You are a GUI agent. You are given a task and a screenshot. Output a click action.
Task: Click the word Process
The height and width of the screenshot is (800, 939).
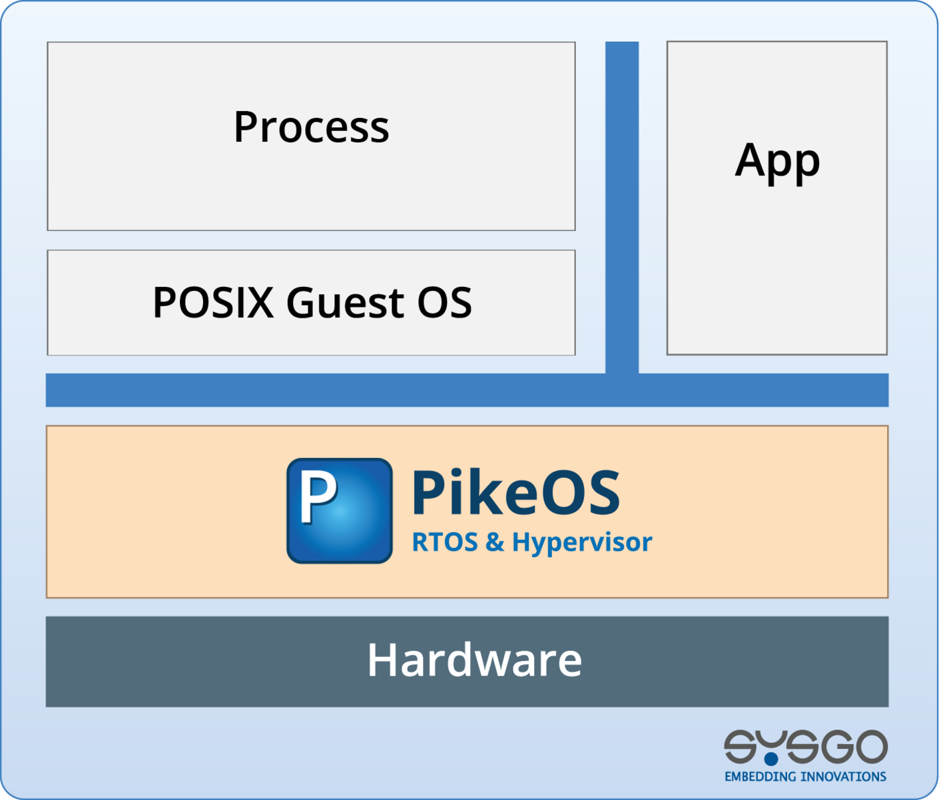click(311, 127)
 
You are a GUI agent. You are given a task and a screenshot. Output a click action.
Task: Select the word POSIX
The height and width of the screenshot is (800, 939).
click(213, 302)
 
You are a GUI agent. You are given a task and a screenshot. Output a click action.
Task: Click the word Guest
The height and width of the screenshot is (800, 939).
click(345, 302)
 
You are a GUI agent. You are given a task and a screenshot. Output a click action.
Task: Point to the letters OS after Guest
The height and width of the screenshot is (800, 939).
click(445, 302)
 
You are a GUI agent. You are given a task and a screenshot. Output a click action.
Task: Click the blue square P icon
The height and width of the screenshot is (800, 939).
click(340, 510)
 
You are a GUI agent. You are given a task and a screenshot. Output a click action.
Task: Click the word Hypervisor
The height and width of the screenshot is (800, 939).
click(582, 543)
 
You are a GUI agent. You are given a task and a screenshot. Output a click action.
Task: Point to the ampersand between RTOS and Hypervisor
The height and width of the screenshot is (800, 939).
click(495, 542)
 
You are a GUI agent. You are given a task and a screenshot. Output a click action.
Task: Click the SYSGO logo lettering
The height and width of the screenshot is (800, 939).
click(805, 747)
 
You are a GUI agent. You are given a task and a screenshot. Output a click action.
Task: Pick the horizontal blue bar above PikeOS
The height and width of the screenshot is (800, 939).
click(467, 390)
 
